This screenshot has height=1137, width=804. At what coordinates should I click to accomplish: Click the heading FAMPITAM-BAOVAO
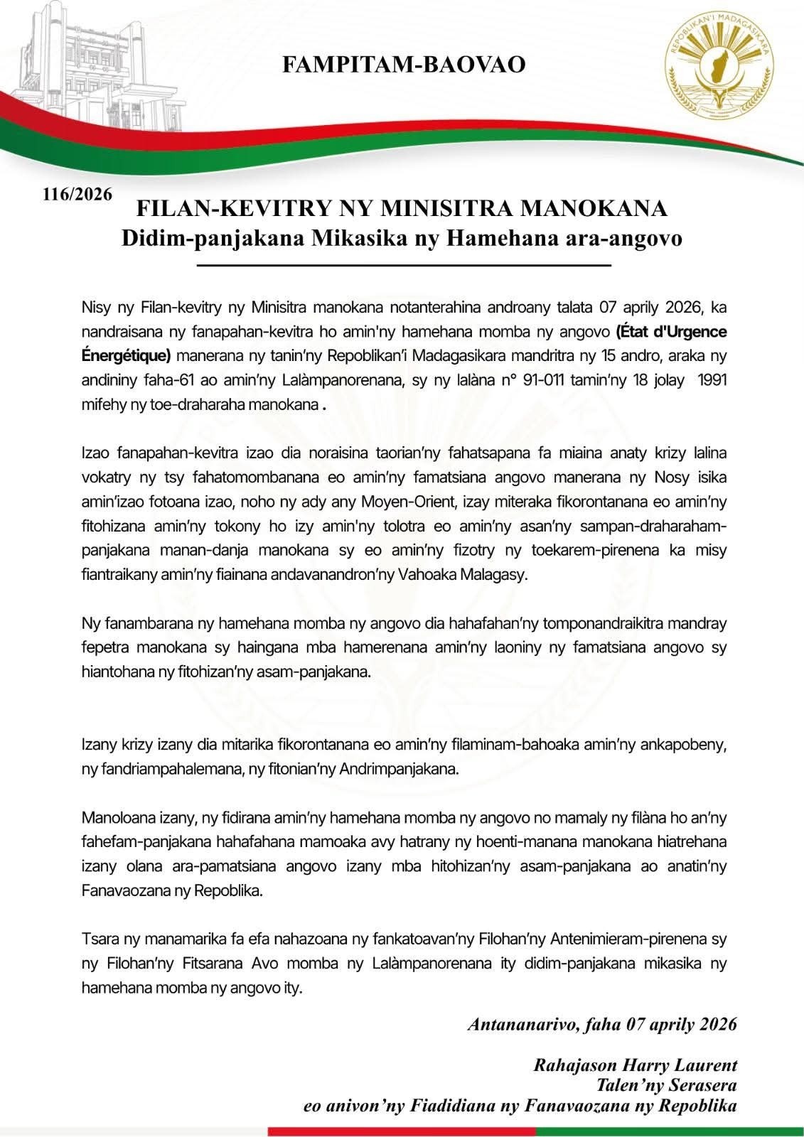[x=404, y=65]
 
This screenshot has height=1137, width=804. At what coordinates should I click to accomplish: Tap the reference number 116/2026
[x=77, y=194]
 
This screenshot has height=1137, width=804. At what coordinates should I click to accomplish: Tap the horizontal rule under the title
[x=403, y=266]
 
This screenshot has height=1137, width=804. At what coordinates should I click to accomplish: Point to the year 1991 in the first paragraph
[x=712, y=380]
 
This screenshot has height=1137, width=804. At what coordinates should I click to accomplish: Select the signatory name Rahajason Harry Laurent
[x=635, y=1065]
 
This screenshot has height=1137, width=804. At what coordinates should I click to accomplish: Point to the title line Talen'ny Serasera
[x=667, y=1086]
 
